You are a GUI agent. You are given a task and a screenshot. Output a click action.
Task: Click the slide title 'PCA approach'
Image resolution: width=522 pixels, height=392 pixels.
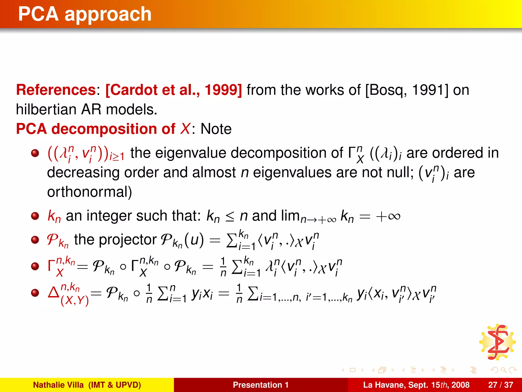pyautogui.click(x=85, y=14)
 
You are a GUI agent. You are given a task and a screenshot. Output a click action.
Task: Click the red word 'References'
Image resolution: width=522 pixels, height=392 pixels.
pyautogui.click(x=56, y=90)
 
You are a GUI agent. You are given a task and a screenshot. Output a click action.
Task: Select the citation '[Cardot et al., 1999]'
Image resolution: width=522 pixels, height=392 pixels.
pyautogui.click(x=174, y=90)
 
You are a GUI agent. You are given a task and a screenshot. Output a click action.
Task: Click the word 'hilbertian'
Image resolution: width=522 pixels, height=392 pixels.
pyautogui.click(x=46, y=109)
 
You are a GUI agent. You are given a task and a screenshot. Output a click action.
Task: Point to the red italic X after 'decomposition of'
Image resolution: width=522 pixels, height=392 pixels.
pyautogui.click(x=185, y=129)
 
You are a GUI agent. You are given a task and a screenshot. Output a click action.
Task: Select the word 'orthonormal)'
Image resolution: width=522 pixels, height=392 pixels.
pyautogui.click(x=89, y=192)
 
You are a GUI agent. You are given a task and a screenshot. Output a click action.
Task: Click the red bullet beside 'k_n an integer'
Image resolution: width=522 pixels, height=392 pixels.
pyautogui.click(x=35, y=216)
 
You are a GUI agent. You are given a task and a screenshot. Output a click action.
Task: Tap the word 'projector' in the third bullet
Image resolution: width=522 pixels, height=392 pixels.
pyautogui.click(x=128, y=240)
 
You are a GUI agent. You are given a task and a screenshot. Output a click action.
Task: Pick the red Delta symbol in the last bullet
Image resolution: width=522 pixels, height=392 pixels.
pyautogui.click(x=54, y=293)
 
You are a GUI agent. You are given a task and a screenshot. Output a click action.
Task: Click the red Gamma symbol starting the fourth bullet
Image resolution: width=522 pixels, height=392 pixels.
pyautogui.click(x=52, y=266)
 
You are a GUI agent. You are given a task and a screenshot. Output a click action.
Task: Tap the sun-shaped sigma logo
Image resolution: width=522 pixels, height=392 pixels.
pyautogui.click(x=497, y=342)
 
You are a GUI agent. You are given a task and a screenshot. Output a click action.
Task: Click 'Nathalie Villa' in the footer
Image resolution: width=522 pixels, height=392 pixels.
pyautogui.click(x=58, y=385)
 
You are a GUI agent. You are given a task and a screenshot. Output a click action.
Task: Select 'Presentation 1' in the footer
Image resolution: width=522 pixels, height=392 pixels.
pyautogui.click(x=260, y=385)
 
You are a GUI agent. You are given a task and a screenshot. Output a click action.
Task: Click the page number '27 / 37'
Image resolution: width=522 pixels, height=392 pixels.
pyautogui.click(x=500, y=385)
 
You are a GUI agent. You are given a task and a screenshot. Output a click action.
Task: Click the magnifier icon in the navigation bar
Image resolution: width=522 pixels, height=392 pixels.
pyautogui.click(x=503, y=370)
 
